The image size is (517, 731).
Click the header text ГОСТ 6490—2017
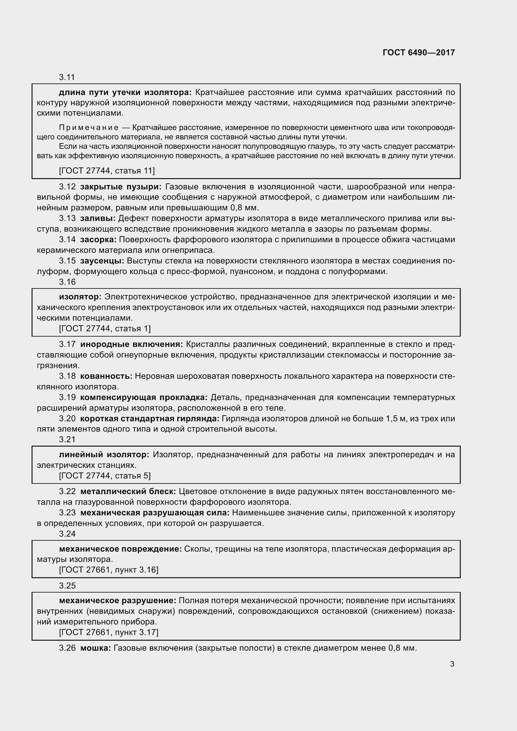pos(419,53)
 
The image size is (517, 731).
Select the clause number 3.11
pos(67,78)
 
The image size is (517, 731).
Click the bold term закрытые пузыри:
pos(121,187)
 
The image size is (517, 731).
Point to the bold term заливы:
pos(98,218)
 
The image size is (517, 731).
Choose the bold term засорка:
pos(98,239)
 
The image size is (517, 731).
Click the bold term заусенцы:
pos(102,261)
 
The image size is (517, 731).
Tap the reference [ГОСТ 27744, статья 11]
pos(107,171)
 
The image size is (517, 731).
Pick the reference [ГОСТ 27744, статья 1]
pos(105,328)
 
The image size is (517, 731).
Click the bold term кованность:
pos(106,376)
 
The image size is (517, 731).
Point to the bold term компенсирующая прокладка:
pos(144,397)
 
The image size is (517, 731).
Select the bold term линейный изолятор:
pos(104,454)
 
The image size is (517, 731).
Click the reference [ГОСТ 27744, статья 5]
pos(105,476)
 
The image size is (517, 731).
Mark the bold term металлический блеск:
pos(128,491)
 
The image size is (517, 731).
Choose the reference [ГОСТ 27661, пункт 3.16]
pos(108,570)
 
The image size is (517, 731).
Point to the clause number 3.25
pos(67,585)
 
